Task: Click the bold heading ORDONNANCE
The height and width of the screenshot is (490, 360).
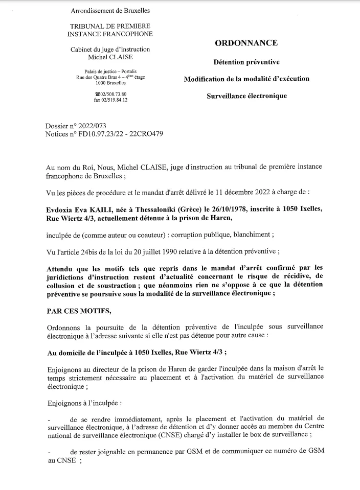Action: pos(246,43)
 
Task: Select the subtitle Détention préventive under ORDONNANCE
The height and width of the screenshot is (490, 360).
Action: pos(246,62)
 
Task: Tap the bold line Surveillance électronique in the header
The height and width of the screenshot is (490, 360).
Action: pos(246,96)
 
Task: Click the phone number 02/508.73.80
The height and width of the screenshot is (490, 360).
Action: pos(112,94)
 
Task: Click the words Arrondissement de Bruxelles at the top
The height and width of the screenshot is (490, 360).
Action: pos(110,10)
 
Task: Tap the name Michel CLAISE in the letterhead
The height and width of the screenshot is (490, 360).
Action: pos(110,57)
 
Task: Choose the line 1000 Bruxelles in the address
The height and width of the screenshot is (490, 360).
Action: pos(110,83)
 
